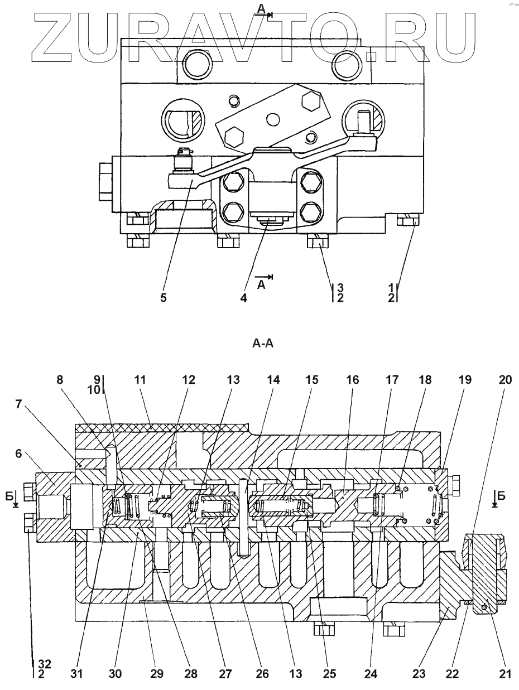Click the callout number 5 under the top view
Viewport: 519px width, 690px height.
pyautogui.click(x=163, y=297)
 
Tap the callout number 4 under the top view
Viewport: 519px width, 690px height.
pyautogui.click(x=244, y=297)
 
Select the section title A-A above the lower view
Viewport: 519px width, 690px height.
pyautogui.click(x=263, y=344)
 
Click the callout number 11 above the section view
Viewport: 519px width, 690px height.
pyautogui.click(x=140, y=380)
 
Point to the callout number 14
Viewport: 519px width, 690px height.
pyautogui.click(x=273, y=380)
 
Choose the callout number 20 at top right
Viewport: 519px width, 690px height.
pyautogui.click(x=505, y=380)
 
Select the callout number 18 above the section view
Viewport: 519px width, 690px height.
pyautogui.click(x=425, y=380)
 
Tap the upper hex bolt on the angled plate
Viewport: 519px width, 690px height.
pyautogui.click(x=313, y=101)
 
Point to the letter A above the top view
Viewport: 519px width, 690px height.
pyautogui.click(x=261, y=9)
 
